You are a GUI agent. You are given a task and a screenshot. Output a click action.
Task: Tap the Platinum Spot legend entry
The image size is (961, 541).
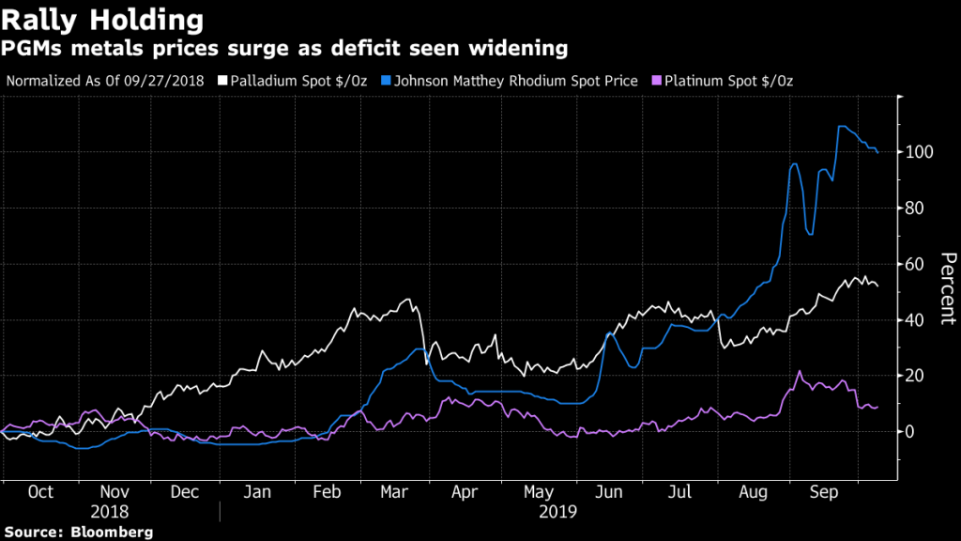(x=728, y=80)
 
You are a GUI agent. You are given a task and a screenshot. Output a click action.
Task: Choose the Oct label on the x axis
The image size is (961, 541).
(x=40, y=492)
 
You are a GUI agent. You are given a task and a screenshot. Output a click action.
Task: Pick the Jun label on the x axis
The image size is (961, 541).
(x=609, y=492)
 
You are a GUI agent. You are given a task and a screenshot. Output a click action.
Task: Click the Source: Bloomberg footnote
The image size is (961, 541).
(x=78, y=532)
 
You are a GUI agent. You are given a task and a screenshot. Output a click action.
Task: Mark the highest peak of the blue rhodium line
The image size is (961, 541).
(x=840, y=126)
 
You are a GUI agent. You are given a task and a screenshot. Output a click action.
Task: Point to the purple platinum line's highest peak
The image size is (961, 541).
(x=800, y=371)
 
